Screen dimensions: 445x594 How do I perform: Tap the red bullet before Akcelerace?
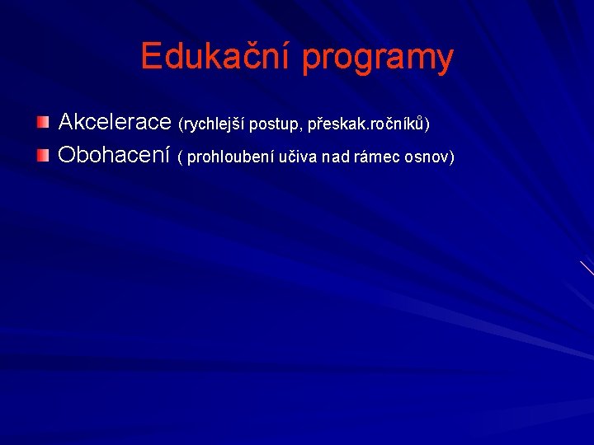(43, 123)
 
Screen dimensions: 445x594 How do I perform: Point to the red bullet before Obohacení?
(43, 154)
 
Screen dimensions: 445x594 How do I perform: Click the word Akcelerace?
(115, 123)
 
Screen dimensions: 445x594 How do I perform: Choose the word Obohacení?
(114, 154)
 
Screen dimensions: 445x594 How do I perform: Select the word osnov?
(427, 157)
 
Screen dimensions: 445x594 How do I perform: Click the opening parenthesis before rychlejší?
(181, 124)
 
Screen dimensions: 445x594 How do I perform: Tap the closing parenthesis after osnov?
(451, 157)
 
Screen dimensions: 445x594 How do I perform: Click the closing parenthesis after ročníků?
(427, 124)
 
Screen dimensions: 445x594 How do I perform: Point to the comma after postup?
(299, 129)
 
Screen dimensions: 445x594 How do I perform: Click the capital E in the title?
(150, 57)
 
